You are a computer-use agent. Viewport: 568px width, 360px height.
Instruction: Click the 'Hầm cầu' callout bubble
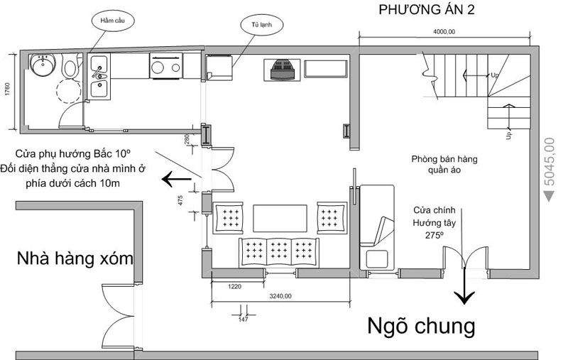(x=112, y=21)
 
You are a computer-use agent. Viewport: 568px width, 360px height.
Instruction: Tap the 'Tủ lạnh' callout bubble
(x=261, y=25)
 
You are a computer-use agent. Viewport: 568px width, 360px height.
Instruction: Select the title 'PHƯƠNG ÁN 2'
(x=427, y=10)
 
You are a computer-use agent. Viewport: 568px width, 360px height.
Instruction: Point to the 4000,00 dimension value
(x=444, y=32)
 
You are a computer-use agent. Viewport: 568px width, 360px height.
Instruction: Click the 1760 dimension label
(x=8, y=89)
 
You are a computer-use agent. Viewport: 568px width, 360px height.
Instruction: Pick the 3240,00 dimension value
(x=280, y=296)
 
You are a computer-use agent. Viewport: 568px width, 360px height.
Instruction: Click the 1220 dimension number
(x=234, y=286)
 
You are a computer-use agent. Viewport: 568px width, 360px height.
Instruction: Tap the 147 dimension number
(x=243, y=320)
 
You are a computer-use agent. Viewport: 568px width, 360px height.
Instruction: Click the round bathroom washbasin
(x=43, y=65)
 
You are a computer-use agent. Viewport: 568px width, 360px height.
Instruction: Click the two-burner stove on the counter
(x=166, y=66)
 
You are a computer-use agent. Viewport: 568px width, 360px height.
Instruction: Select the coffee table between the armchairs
(x=280, y=219)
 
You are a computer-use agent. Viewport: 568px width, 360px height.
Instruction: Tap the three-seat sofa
(x=278, y=252)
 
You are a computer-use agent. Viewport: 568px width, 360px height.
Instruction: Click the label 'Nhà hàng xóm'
(x=75, y=258)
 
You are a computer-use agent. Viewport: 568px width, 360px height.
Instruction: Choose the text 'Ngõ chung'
(x=421, y=326)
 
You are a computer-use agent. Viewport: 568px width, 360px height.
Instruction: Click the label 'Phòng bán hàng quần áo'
(x=444, y=165)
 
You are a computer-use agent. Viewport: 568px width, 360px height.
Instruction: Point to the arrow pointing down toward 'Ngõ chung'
(x=464, y=285)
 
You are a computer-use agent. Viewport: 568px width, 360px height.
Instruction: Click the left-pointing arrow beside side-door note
(x=176, y=179)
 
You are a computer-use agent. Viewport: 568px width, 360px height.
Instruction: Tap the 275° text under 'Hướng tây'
(x=435, y=236)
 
